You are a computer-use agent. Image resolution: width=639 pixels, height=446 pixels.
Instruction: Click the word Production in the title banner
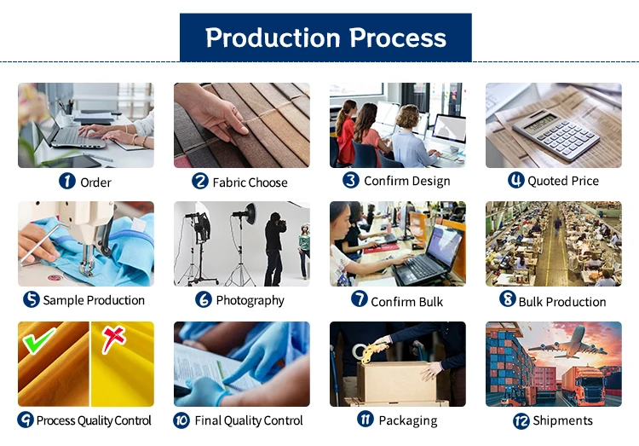click(273, 38)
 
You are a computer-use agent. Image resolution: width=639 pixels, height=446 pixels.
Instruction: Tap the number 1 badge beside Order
click(67, 181)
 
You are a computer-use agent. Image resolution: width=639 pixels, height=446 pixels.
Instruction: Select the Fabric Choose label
click(250, 182)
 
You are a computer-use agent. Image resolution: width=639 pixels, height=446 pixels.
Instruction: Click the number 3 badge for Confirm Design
click(351, 180)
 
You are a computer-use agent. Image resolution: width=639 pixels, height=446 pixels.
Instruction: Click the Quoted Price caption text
click(563, 181)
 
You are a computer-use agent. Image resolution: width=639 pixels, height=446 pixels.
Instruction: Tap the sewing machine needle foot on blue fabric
click(87, 266)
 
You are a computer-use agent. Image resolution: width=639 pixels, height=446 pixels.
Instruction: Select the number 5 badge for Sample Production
click(32, 299)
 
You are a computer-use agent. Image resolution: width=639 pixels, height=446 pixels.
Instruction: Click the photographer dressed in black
click(274, 249)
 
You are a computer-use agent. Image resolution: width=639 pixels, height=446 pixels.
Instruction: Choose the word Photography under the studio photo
click(250, 301)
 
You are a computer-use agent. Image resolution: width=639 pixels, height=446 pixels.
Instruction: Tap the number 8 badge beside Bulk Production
click(508, 298)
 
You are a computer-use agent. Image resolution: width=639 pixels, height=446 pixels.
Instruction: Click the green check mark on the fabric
click(38, 340)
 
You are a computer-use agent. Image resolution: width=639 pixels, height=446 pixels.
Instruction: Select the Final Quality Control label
click(249, 420)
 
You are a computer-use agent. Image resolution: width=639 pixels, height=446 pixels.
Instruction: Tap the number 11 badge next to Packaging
click(366, 419)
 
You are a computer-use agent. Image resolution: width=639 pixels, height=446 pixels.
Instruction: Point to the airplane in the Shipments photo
click(567, 343)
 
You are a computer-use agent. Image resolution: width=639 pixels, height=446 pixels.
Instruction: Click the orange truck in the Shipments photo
click(584, 385)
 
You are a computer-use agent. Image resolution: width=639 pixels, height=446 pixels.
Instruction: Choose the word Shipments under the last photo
click(563, 420)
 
